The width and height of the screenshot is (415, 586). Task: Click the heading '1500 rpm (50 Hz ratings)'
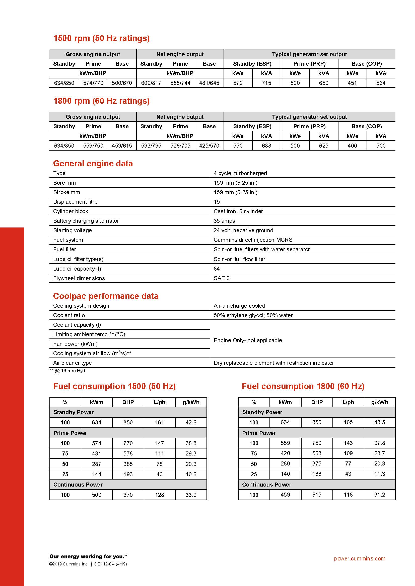(101, 38)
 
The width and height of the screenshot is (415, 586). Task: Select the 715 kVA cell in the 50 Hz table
(266, 83)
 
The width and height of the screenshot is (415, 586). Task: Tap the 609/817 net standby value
(151, 83)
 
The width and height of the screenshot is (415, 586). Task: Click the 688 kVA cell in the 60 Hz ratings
(266, 146)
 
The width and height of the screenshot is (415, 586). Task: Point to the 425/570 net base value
(209, 146)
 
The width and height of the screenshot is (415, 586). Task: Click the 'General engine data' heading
(93, 164)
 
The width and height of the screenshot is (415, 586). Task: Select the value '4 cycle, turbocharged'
(240, 173)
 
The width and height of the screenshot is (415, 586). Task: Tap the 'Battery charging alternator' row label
(86, 221)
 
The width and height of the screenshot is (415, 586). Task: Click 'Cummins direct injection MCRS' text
(253, 240)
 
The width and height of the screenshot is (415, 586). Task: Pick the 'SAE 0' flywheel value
(222, 278)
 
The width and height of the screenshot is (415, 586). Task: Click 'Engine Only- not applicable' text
(248, 340)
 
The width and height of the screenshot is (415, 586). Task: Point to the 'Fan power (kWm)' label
(75, 344)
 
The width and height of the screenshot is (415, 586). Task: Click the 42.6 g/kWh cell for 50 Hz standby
(191, 422)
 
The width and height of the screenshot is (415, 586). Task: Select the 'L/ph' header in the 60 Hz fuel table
(348, 402)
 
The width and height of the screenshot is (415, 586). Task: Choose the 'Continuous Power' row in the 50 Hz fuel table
(78, 485)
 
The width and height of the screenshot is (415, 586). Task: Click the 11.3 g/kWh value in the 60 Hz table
(379, 474)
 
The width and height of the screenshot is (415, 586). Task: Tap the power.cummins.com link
(359, 558)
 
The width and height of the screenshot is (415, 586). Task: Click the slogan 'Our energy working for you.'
(88, 556)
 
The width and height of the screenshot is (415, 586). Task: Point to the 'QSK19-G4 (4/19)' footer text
(110, 564)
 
